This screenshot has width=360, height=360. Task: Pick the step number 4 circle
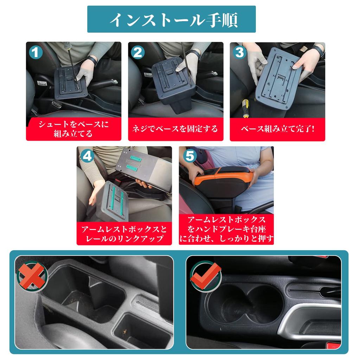pyautogui.click(x=88, y=156)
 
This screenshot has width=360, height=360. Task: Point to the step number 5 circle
pyautogui.click(x=189, y=156)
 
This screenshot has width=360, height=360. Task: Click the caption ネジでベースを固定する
pyautogui.click(x=175, y=129)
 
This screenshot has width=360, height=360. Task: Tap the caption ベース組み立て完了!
pyautogui.click(x=277, y=129)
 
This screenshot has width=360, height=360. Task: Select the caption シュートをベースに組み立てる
pyautogui.click(x=73, y=129)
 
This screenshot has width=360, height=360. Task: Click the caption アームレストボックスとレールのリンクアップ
pyautogui.click(x=124, y=234)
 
